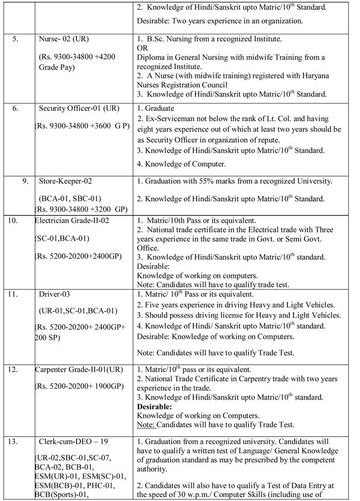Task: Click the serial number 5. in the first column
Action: coord(16,39)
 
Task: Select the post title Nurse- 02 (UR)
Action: coord(64,39)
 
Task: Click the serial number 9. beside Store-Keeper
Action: coord(25,181)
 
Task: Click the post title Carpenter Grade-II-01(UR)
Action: coord(79,369)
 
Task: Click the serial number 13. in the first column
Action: coord(13,442)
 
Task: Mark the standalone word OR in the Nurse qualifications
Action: coord(141,48)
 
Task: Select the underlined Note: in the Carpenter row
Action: coord(146,425)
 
